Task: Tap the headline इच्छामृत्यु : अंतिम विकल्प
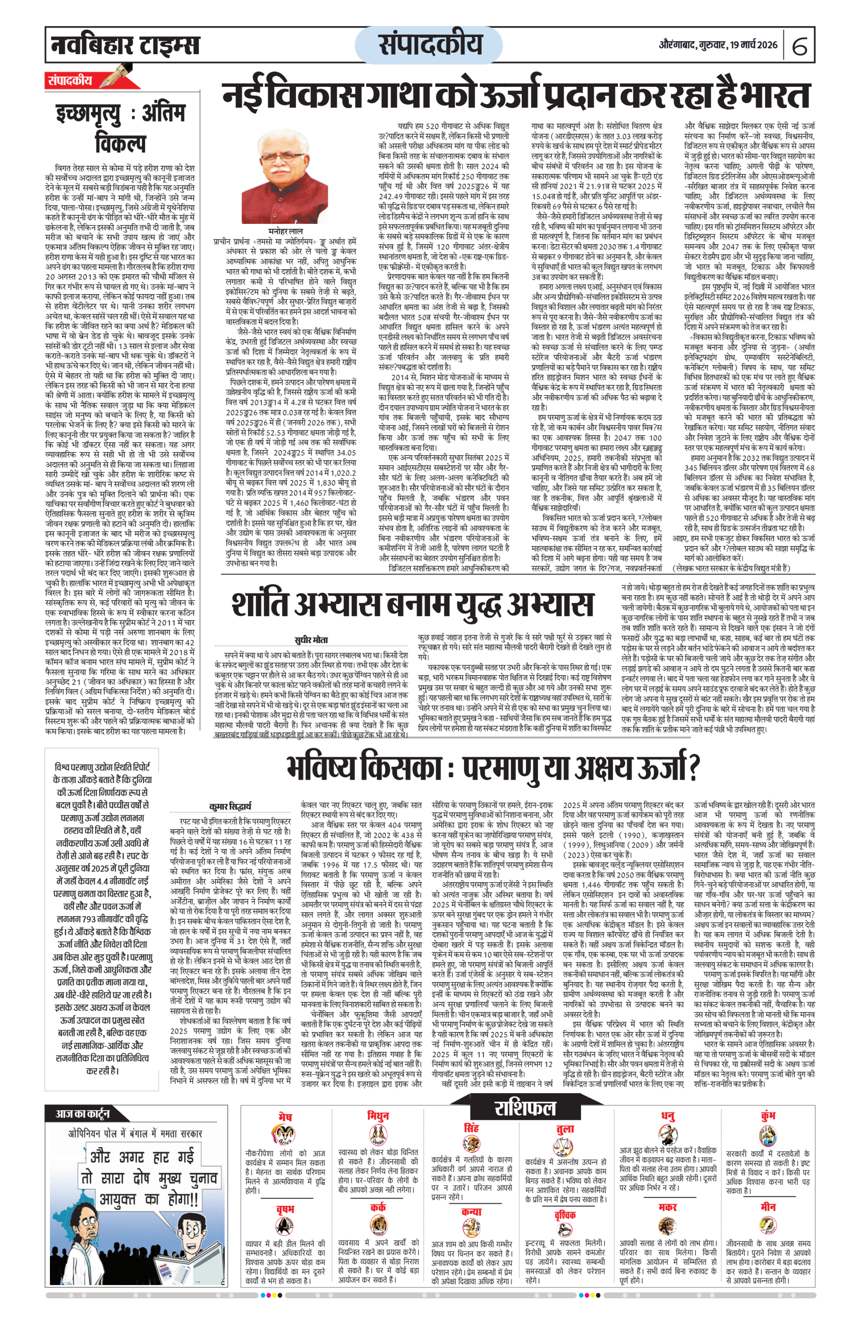[x=121, y=128]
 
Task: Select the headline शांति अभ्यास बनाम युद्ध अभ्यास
[x=412, y=604]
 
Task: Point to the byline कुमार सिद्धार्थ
[x=229, y=806]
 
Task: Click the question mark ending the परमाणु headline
[x=693, y=768]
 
